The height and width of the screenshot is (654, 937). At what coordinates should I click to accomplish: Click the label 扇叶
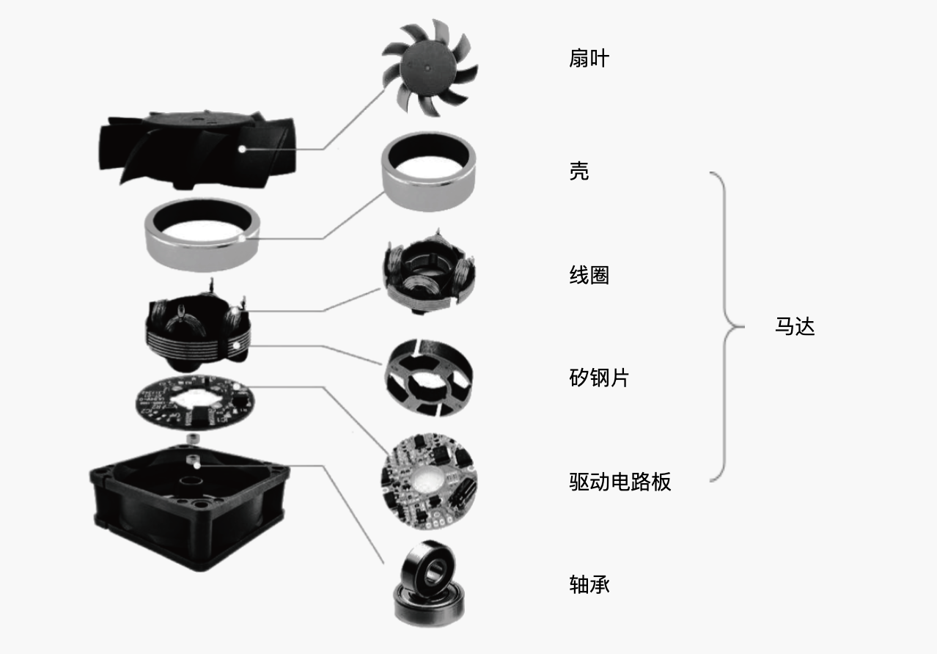point(589,58)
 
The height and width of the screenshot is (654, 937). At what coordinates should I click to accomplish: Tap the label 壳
point(579,171)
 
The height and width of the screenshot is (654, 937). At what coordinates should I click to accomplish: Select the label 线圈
point(589,275)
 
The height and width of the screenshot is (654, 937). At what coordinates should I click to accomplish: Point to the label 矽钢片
point(599,378)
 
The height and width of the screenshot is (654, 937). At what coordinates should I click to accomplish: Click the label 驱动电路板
point(620,482)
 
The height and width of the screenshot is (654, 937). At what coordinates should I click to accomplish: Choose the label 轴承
point(589,584)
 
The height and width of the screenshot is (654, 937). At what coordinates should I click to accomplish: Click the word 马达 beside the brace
point(795,326)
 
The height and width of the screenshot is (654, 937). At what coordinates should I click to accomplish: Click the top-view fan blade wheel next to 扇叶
point(430,67)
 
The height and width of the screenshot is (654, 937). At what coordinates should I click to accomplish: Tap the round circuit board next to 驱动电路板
point(429,481)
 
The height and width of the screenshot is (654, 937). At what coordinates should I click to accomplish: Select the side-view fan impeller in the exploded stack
point(196,150)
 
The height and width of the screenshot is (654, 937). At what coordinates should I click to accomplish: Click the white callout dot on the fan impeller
point(242,149)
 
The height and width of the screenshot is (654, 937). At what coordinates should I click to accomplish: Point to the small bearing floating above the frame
point(192,439)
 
